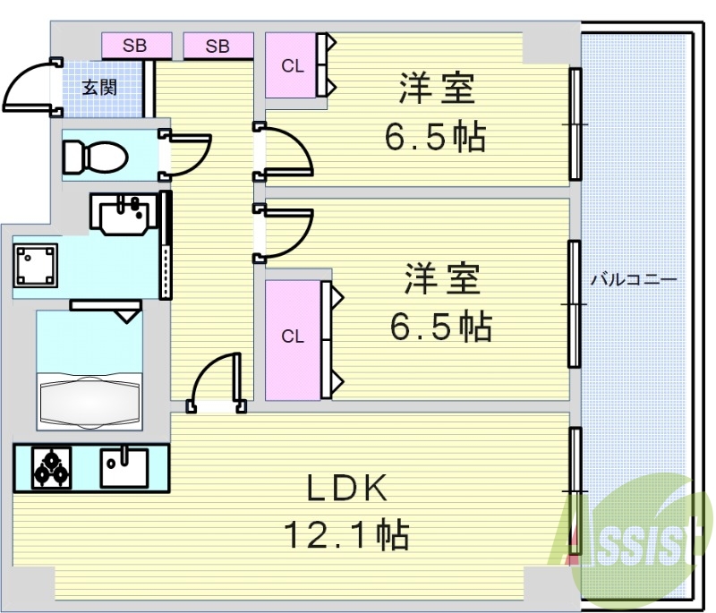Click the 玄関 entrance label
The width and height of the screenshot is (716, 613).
pos(99,87)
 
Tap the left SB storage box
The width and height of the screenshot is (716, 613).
pos(137,46)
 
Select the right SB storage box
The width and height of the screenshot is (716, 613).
pos(218,46)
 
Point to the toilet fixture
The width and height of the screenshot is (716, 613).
pos(96,157)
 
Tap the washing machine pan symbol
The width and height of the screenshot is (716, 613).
pos(36,265)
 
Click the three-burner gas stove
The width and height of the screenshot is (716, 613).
pos(52,467)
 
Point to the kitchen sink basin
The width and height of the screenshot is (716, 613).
pos(124,467)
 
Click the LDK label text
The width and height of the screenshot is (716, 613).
pos(346,489)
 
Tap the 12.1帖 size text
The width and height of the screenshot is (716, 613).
pos(346,533)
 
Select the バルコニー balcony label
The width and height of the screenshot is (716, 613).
pos(634,279)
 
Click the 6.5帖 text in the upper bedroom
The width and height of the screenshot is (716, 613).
pos(435,137)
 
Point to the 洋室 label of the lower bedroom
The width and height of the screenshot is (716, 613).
pos(442,278)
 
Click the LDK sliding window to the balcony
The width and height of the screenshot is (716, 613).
pos(575,490)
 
